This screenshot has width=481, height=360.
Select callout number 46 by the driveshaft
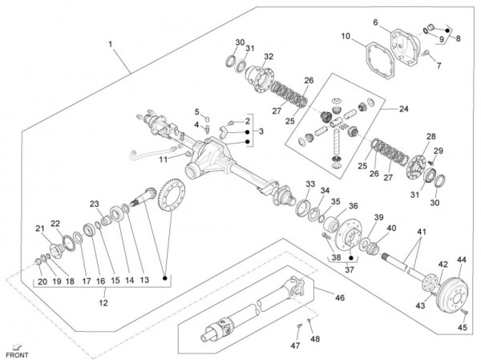[x=340, y=297]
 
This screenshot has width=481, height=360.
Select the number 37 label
[x=347, y=270]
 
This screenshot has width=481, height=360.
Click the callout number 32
[x=269, y=56]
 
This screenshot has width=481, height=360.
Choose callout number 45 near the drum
[x=462, y=327]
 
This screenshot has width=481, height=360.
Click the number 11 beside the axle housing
[x=164, y=159]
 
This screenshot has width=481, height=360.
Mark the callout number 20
[x=42, y=282]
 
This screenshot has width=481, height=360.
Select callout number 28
[x=431, y=136]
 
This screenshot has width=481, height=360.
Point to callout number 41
[x=421, y=232]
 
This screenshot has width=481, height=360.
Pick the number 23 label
[x=94, y=204]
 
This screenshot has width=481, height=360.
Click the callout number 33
[x=310, y=184]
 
